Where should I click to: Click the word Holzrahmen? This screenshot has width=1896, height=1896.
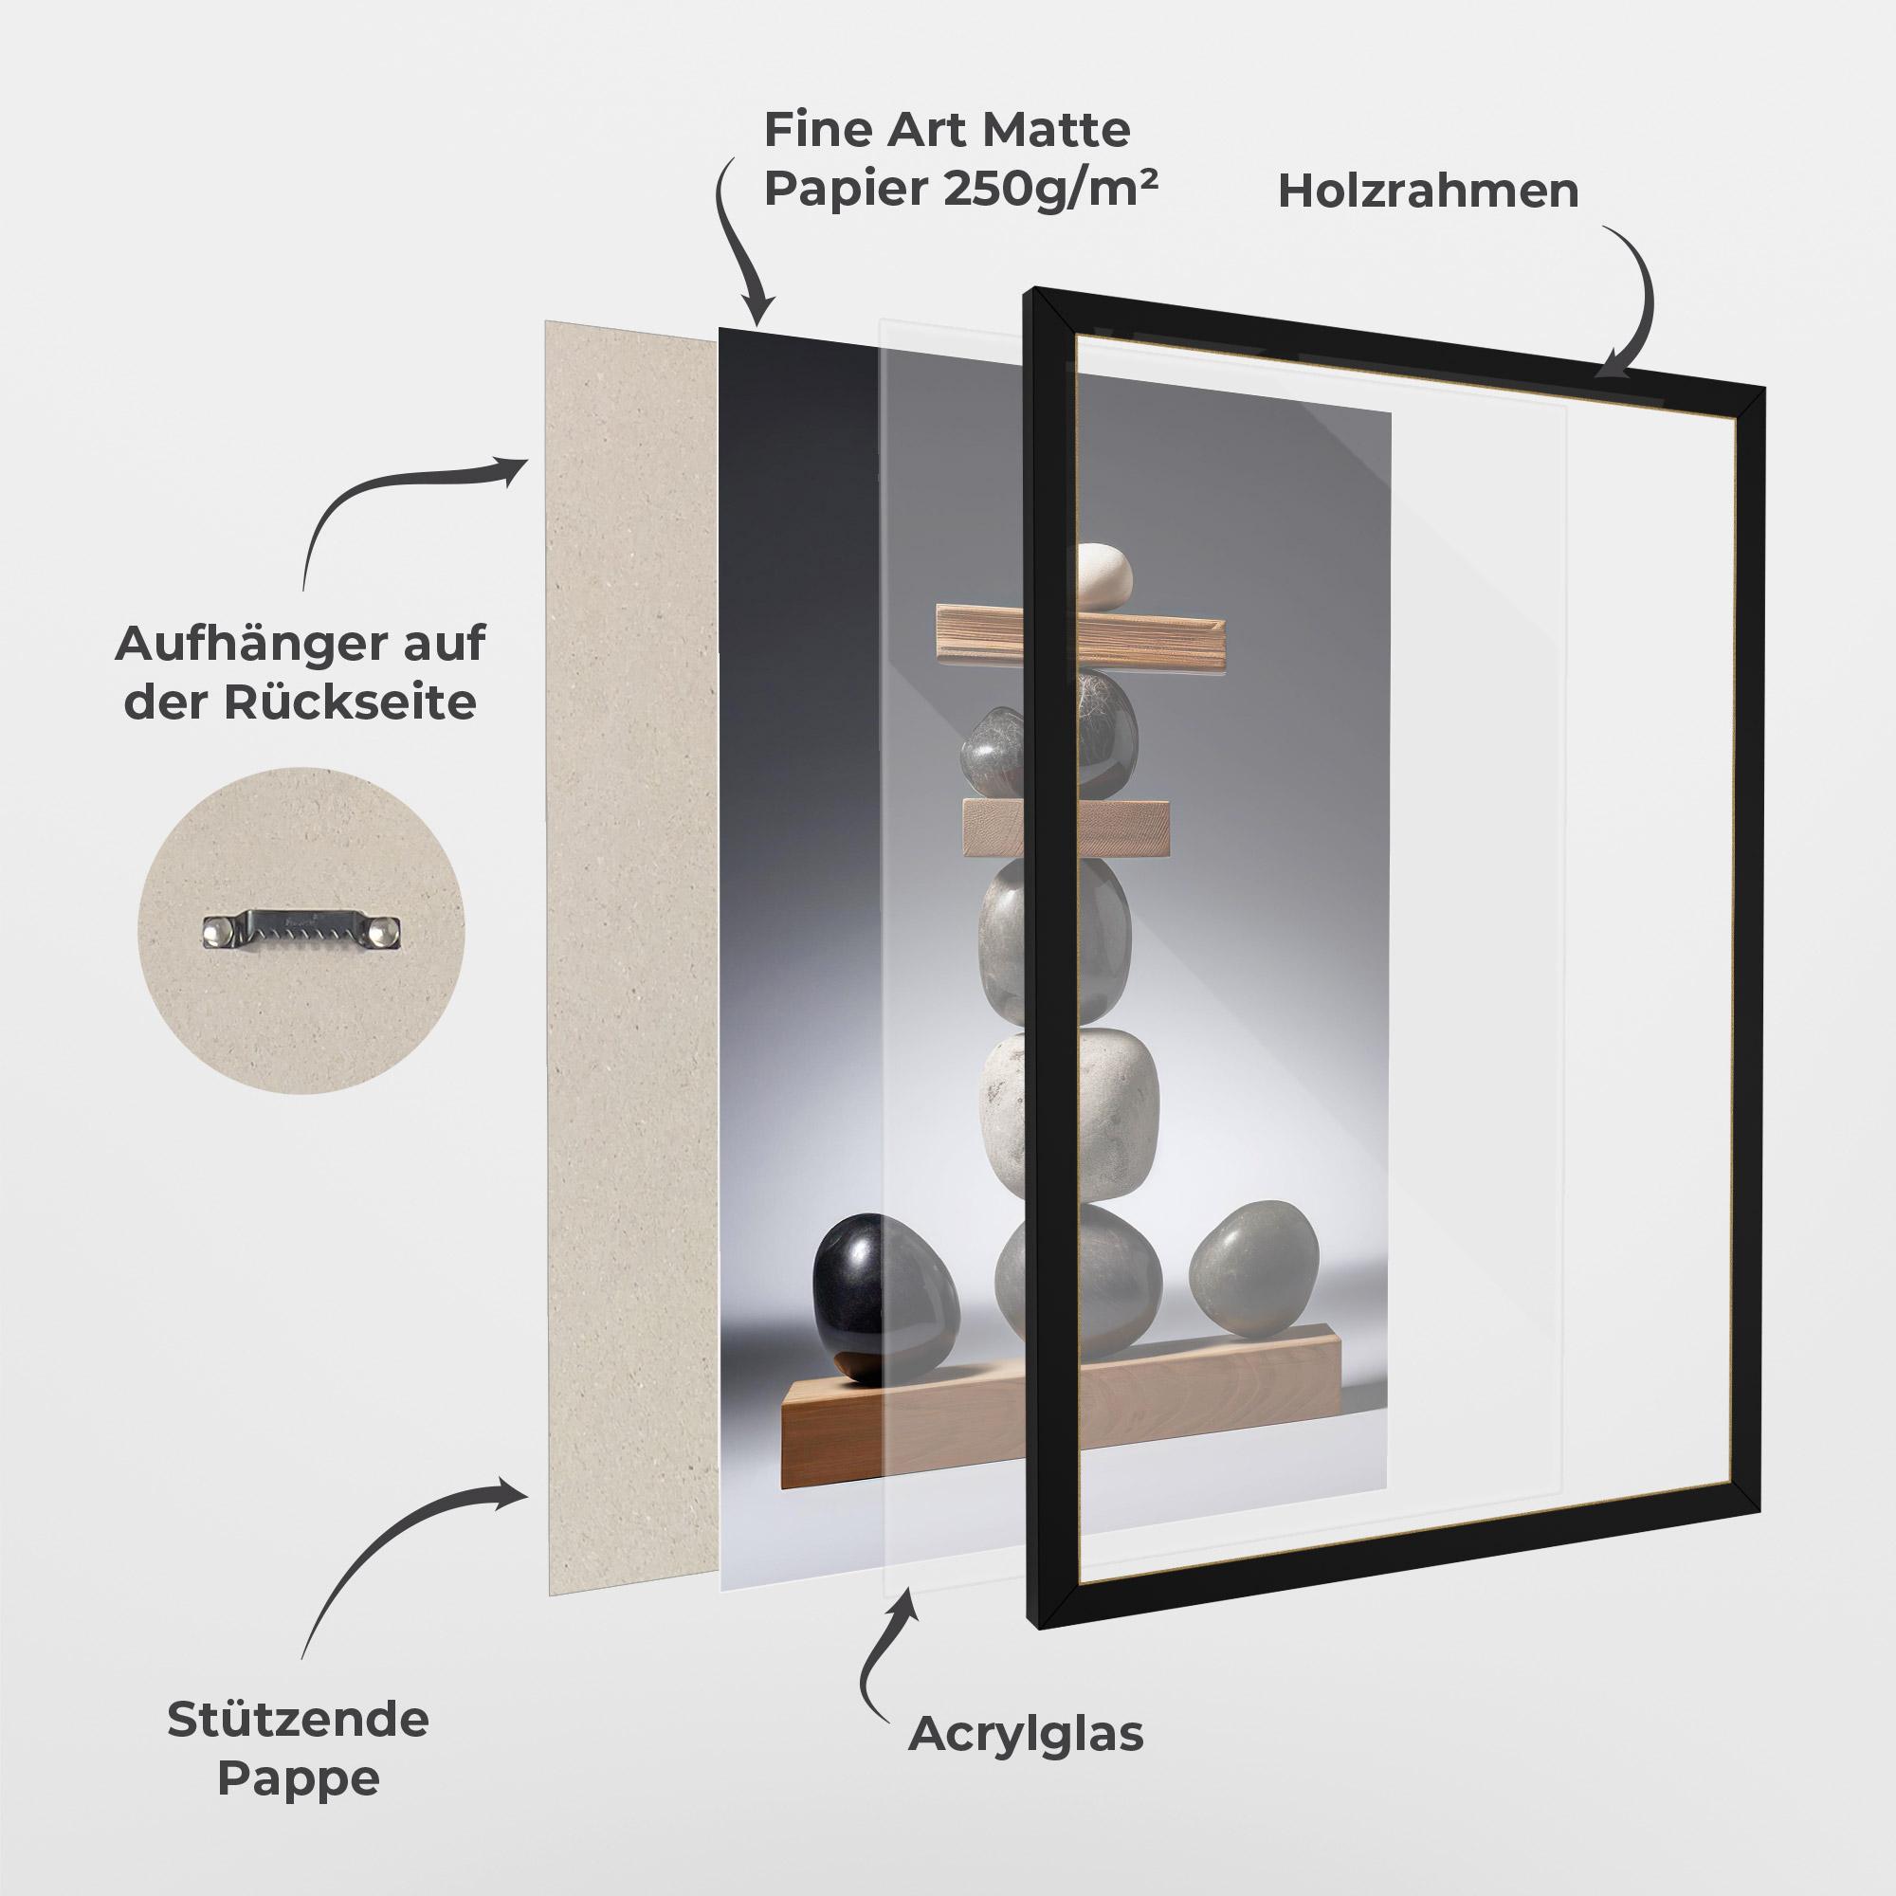pyautogui.click(x=1428, y=191)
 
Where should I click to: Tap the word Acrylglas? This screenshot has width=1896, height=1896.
pyautogui.click(x=1026, y=1734)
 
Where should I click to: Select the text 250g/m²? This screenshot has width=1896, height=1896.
pyautogui.click(x=1049, y=190)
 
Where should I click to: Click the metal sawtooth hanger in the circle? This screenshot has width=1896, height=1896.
pyautogui.click(x=302, y=928)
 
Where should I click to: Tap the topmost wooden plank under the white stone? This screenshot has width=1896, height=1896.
pyautogui.click(x=1081, y=640)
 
